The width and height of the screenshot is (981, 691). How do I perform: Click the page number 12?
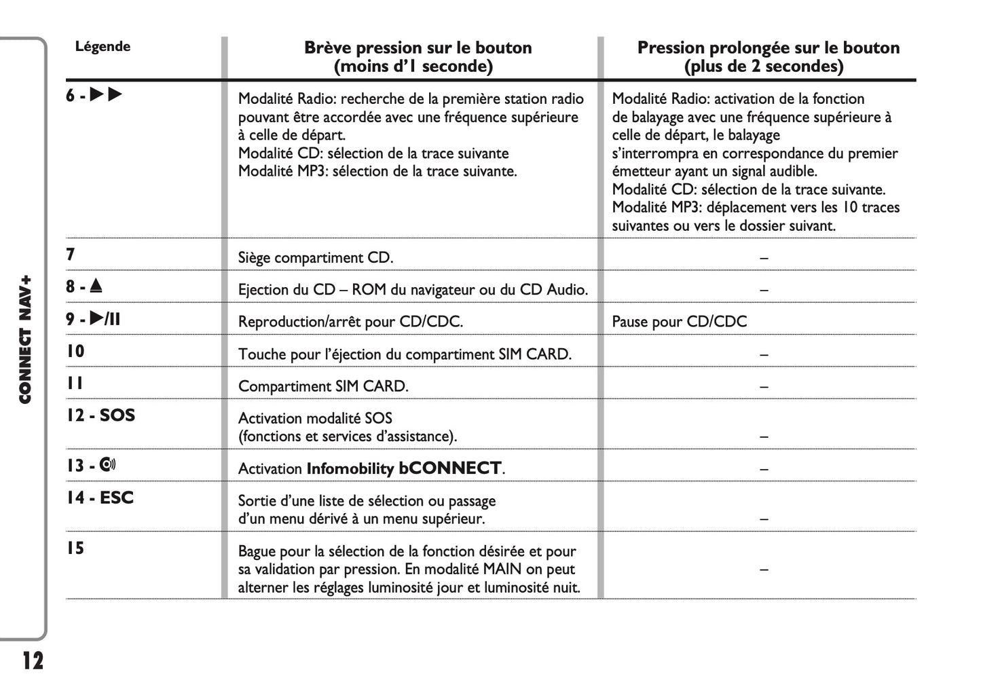pos(32,660)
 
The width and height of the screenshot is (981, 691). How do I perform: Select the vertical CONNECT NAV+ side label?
pos(25,339)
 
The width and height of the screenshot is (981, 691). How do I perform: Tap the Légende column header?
pos(103,47)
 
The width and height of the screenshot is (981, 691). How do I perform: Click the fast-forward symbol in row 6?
pos(106,95)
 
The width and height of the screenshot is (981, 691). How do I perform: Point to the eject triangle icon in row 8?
pos(96,286)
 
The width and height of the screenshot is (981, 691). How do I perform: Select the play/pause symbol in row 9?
pos(105,318)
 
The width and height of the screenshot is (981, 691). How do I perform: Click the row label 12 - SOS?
pos(100,415)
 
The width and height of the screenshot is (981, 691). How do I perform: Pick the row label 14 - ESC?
pos(100,498)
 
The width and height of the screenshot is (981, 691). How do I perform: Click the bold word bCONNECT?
pos(450,468)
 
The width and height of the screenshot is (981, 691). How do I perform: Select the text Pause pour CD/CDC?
pos(679,322)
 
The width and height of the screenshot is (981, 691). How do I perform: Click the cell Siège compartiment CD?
pos(316,258)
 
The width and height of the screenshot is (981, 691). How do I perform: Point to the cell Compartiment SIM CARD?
pos(323,386)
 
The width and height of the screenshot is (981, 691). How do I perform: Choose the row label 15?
pos(75,548)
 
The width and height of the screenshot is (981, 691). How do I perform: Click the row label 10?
pos(75,351)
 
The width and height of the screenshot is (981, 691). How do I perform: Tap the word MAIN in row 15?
pos(502,569)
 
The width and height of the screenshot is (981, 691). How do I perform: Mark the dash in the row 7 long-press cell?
pos(764,258)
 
